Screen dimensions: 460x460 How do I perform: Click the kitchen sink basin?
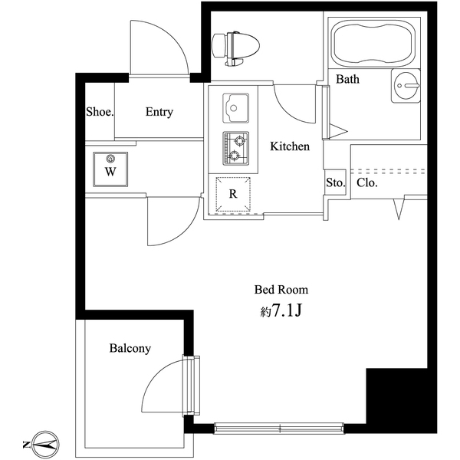(x=237, y=107)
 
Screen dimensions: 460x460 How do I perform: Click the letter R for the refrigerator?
(x=234, y=194)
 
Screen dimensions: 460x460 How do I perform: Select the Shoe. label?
(x=100, y=112)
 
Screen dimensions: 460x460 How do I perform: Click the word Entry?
(x=159, y=112)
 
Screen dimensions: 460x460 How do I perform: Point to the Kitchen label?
(x=289, y=146)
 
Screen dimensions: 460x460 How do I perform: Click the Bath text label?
(x=347, y=79)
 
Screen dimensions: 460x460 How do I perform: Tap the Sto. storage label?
(x=335, y=183)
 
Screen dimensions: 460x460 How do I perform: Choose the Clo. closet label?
(x=366, y=183)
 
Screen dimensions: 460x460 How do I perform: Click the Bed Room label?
(x=281, y=290)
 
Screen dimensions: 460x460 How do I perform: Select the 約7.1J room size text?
(x=281, y=312)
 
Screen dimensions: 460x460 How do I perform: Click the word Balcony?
(x=130, y=348)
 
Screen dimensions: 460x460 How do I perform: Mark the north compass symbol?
(x=42, y=442)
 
